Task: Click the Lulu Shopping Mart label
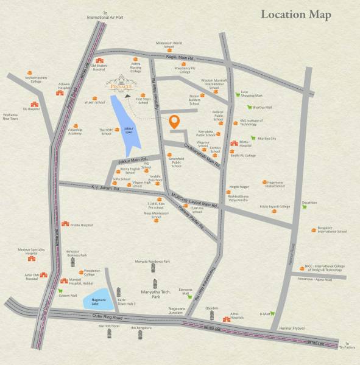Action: tap(252, 94)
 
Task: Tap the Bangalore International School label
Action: tap(331, 230)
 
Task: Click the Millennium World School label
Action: tap(169, 44)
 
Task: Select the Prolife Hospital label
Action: tap(81, 225)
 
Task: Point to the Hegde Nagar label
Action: tap(238, 189)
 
